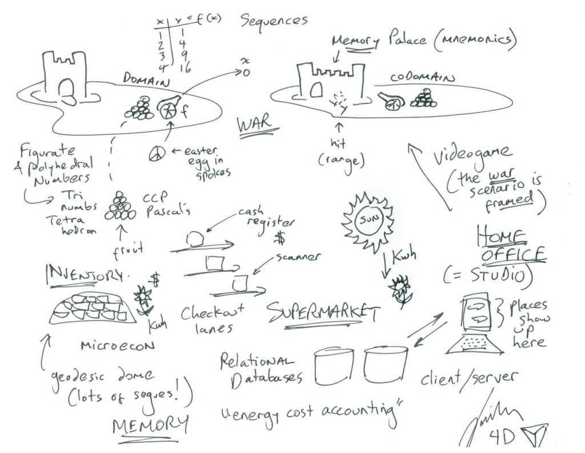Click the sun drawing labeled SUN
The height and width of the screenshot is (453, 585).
click(367, 219)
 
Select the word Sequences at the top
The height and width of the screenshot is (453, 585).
click(274, 21)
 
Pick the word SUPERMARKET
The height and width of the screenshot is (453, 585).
click(323, 312)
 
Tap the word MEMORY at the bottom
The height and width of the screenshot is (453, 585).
click(150, 424)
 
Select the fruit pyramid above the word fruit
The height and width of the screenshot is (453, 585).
click(120, 206)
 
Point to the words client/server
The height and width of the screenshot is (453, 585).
click(469, 378)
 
